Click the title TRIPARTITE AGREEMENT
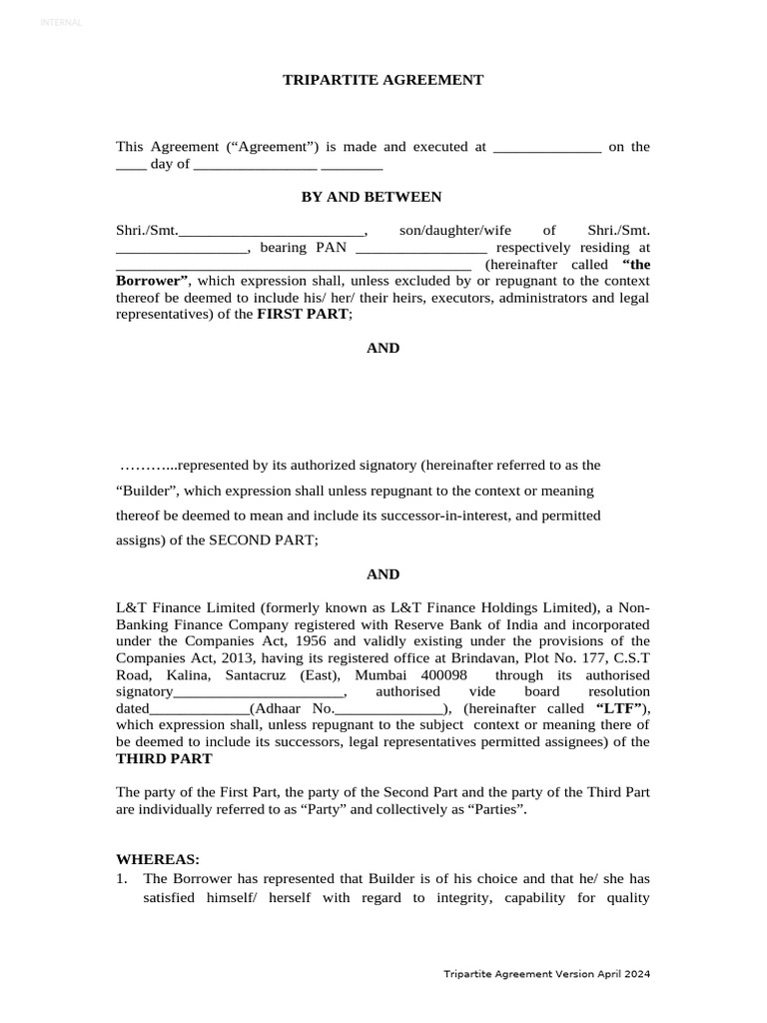point(383,80)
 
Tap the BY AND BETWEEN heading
point(372,197)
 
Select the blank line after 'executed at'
point(547,148)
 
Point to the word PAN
point(332,248)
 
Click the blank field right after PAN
point(420,249)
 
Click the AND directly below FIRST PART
point(383,349)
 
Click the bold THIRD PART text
point(164,759)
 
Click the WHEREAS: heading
point(158,859)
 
